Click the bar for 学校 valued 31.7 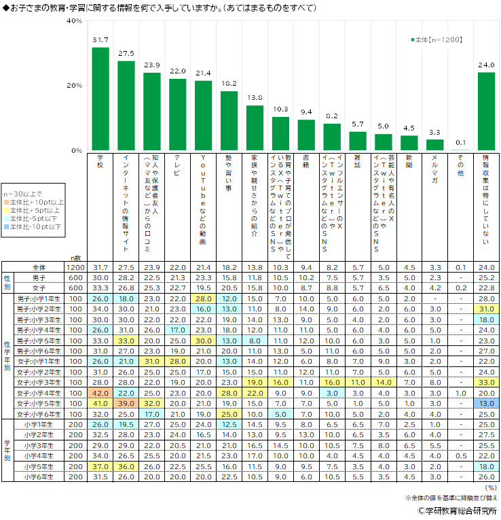tap(100, 99)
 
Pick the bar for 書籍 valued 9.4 tap(307, 135)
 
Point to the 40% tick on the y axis tap(74, 21)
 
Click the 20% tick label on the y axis tap(74, 86)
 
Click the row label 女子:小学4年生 tap(39, 392)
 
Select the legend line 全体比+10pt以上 tap(37, 202)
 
